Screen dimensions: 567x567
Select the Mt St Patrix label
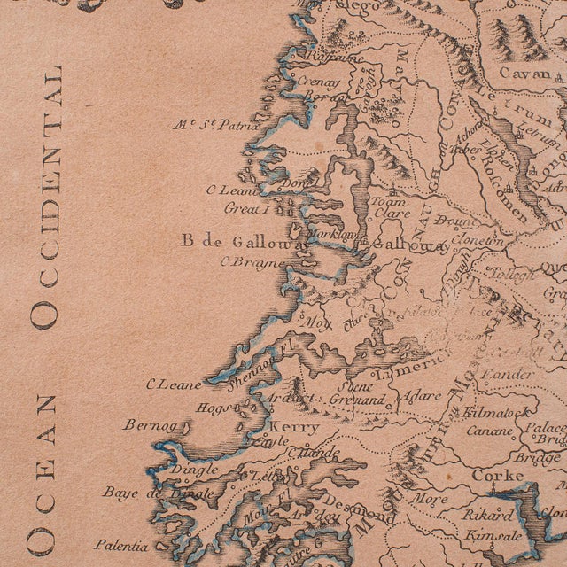coord(216,125)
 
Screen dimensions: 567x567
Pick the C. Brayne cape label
coord(253,262)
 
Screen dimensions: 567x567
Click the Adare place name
coord(421,397)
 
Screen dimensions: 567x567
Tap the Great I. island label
coord(245,209)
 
